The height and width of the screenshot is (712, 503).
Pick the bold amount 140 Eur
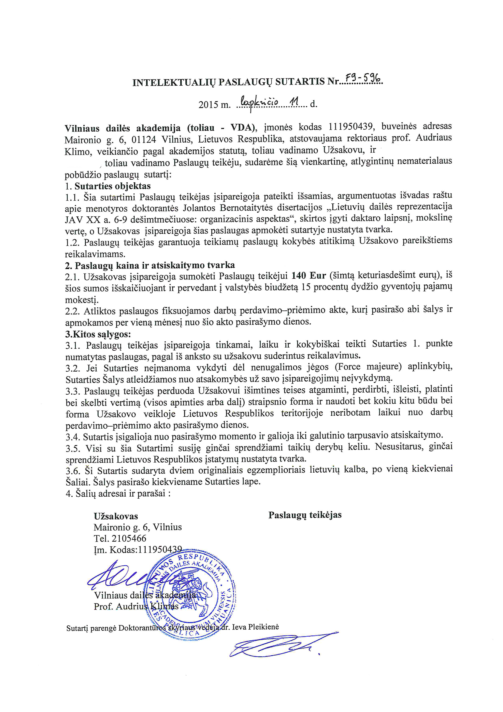(x=309, y=275)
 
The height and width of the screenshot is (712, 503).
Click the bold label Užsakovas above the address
(x=116, y=516)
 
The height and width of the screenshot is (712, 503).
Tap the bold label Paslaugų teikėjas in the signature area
(x=305, y=515)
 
